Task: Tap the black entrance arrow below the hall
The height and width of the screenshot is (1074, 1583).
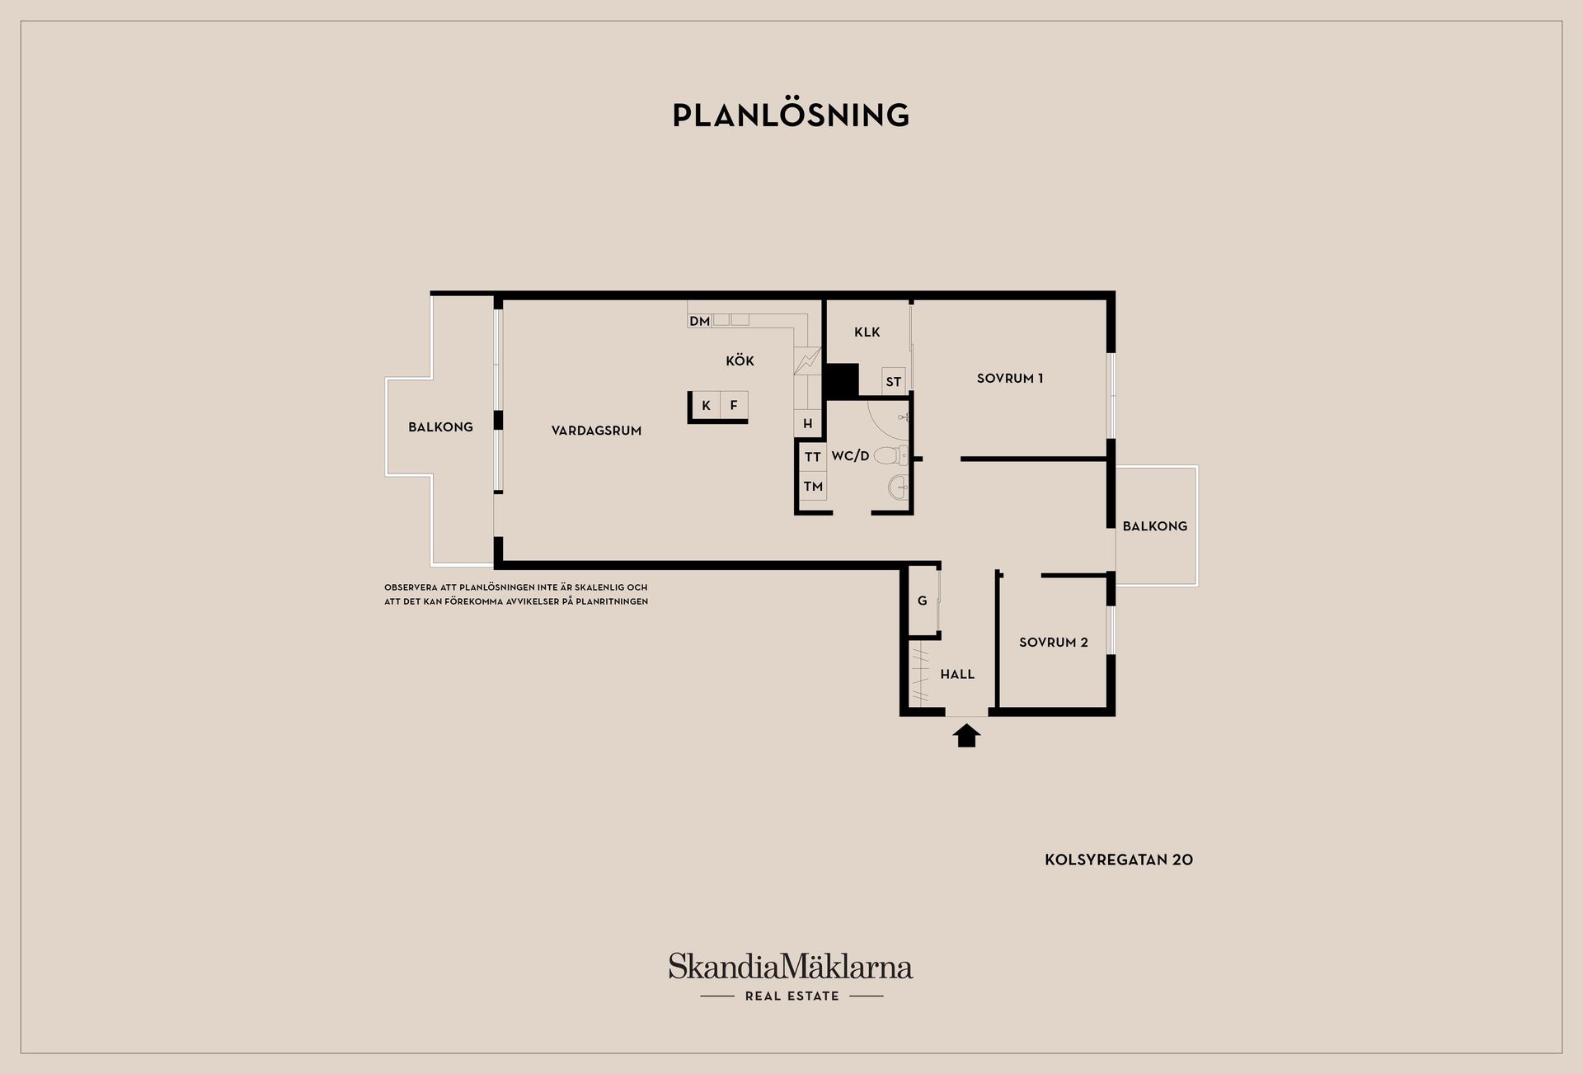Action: click(x=966, y=734)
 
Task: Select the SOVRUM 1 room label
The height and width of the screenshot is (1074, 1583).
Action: click(x=1010, y=379)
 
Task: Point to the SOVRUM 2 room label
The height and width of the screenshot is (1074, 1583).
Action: click(x=1054, y=643)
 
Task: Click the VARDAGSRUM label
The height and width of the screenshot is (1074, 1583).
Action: click(x=596, y=431)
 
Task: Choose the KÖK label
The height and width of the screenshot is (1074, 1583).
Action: click(x=740, y=360)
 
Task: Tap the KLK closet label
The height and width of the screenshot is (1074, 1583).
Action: click(x=867, y=332)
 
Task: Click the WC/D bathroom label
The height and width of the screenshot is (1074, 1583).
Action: click(x=850, y=455)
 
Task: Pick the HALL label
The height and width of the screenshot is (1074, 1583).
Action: click(x=957, y=674)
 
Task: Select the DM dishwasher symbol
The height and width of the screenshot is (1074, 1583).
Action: click(x=700, y=321)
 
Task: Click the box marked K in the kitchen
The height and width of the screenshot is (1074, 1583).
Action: click(x=706, y=405)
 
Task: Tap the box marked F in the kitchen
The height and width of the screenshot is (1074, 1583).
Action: click(x=734, y=405)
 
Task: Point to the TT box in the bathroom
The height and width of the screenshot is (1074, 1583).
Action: click(x=813, y=457)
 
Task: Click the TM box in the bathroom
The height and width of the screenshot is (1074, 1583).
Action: click(x=813, y=487)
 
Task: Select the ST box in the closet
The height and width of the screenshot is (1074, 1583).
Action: click(x=894, y=380)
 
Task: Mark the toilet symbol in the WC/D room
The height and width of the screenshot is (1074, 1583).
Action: click(x=890, y=455)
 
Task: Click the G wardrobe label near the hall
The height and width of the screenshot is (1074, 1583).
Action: click(x=923, y=601)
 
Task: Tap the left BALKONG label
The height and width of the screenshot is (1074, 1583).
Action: click(x=440, y=427)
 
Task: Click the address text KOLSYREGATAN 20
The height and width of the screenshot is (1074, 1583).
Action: click(x=1119, y=860)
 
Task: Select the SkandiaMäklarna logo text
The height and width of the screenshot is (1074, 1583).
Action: click(x=791, y=967)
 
